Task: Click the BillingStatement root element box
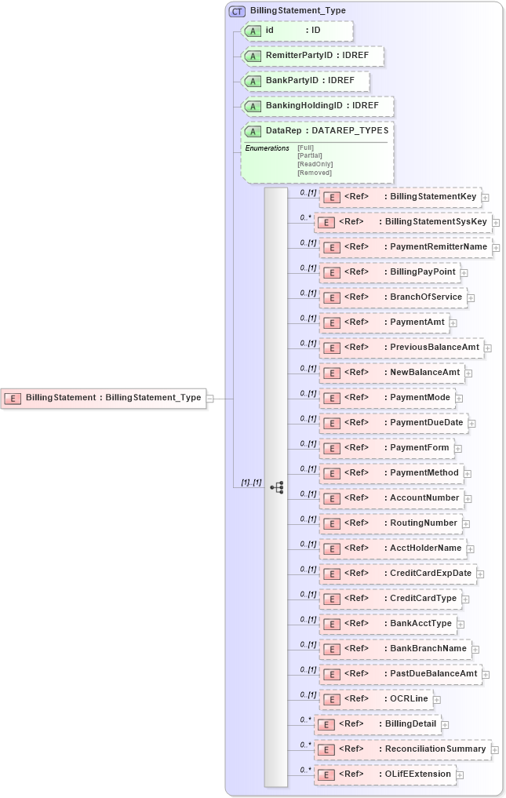(104, 398)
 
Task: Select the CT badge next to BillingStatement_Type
(237, 11)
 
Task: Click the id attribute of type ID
(298, 31)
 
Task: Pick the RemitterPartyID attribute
(313, 56)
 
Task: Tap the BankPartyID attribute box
(306, 81)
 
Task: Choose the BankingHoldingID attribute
(318, 106)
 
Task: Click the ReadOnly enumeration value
(315, 164)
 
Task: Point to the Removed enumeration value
(314, 173)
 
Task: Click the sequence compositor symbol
(276, 487)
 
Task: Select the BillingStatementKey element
(401, 197)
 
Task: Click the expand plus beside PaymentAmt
(453, 322)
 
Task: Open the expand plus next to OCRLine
(437, 699)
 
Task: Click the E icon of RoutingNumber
(331, 523)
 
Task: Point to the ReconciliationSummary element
(402, 749)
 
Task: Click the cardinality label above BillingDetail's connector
(305, 719)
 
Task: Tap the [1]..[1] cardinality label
(251, 481)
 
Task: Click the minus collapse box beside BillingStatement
(210, 398)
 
